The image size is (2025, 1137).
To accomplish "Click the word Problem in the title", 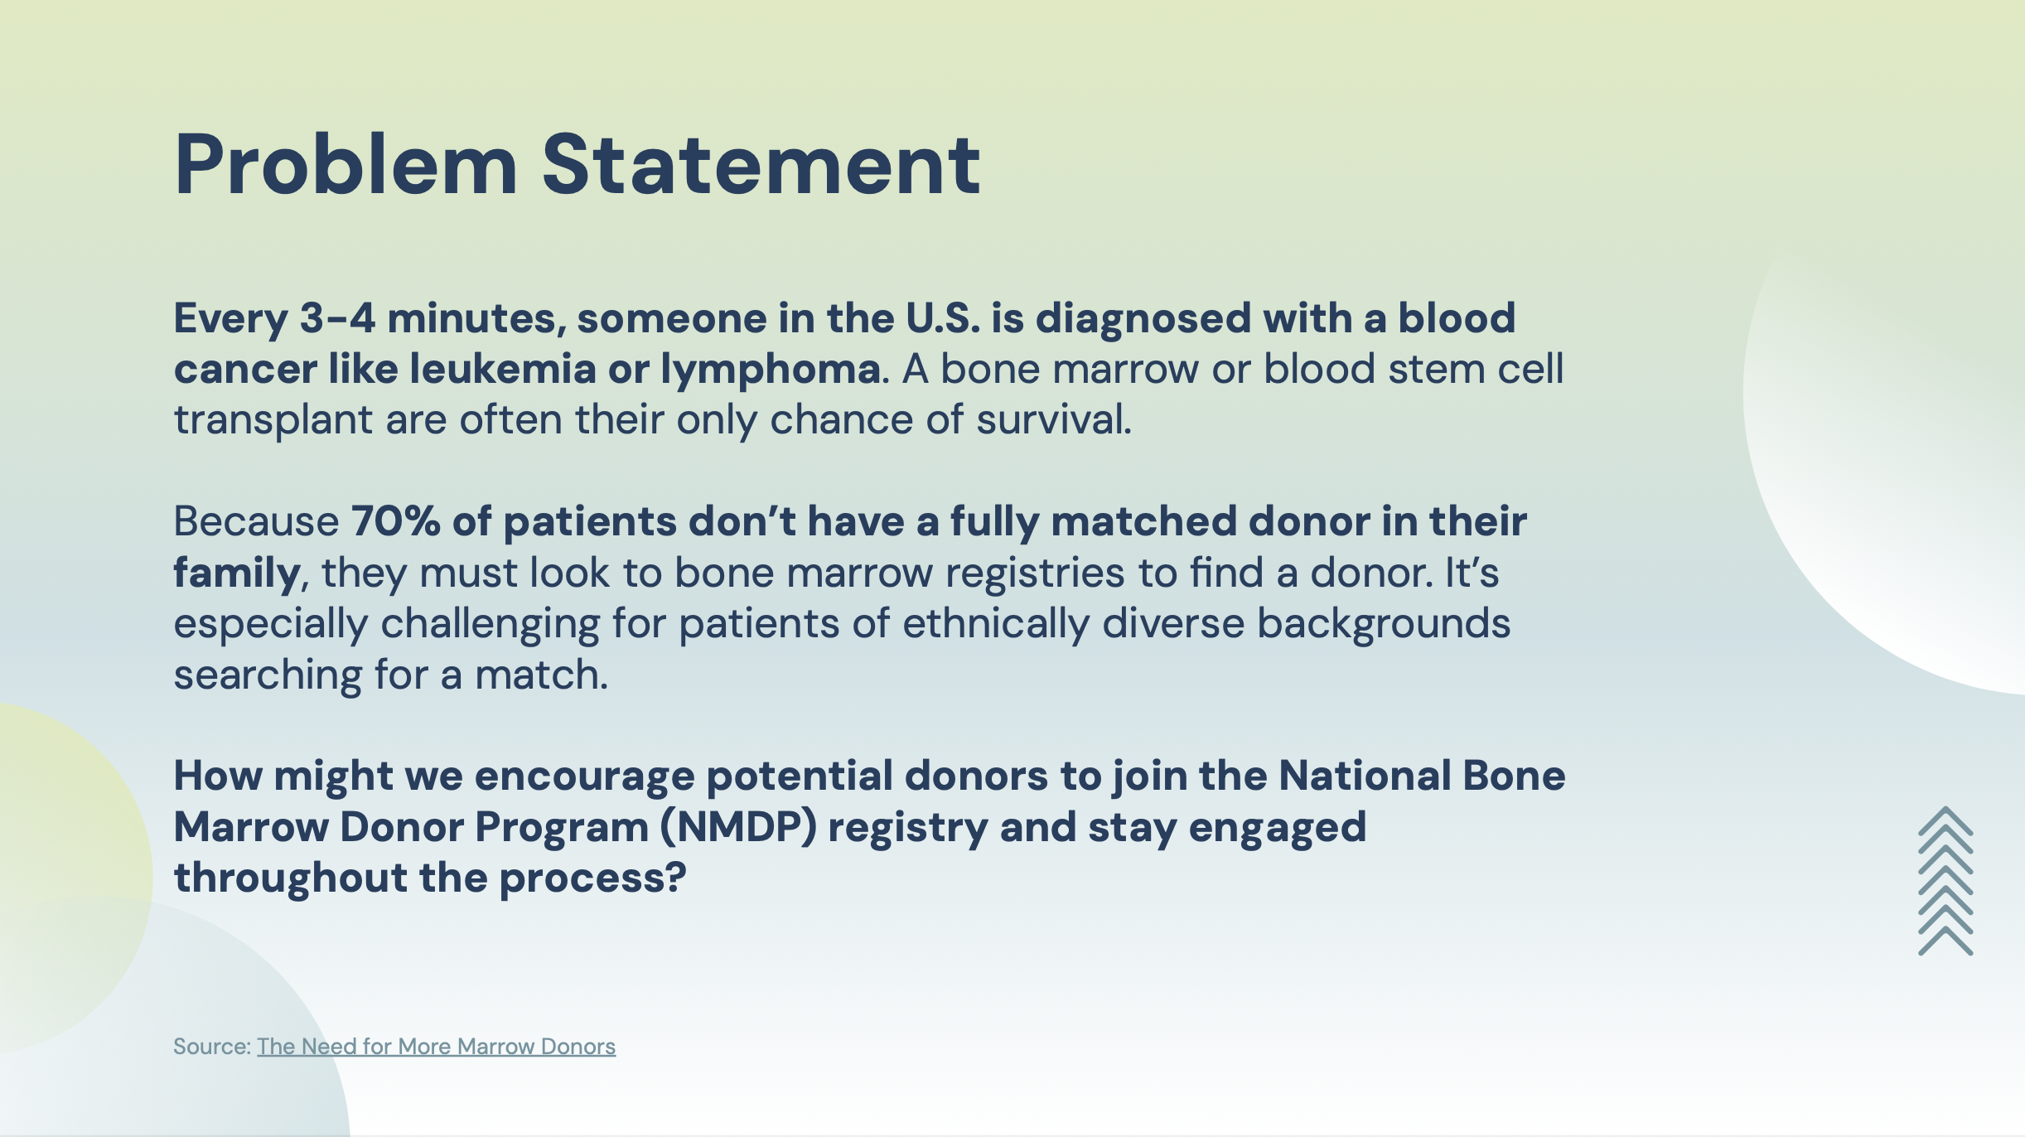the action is (346, 165).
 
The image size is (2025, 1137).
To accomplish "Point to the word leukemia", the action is (503, 369).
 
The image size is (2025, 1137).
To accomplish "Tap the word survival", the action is (1054, 419).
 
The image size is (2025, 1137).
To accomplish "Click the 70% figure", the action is (396, 521).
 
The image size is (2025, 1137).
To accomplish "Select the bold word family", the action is (236, 573).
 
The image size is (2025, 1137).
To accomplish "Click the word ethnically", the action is (996, 624).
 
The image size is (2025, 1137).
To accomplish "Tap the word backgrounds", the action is (1384, 624).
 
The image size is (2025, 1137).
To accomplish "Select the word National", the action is (1365, 777).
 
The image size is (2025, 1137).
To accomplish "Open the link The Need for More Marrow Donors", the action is (436, 1047).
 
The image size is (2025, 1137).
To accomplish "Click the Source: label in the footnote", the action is (212, 1047).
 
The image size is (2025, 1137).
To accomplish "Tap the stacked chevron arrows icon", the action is (1945, 881).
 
